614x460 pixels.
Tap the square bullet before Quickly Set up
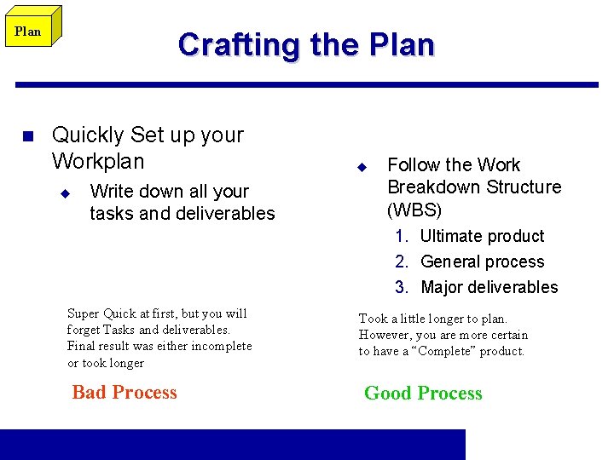(26, 136)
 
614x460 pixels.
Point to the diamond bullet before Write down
(63, 193)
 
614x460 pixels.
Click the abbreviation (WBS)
(414, 210)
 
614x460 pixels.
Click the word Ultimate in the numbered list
(452, 237)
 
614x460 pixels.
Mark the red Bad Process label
(125, 393)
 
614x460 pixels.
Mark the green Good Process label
(423, 394)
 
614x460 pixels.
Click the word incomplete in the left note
(224, 346)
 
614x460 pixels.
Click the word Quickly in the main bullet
(88, 135)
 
